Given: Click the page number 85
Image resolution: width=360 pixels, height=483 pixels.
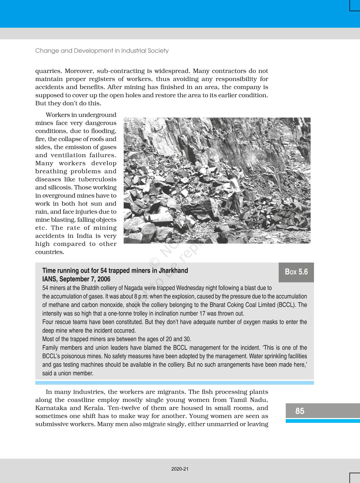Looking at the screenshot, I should coord(300,411).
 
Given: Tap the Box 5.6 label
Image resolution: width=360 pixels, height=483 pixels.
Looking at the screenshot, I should coord(296,272).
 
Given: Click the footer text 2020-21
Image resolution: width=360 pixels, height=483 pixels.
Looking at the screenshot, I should coord(180,469).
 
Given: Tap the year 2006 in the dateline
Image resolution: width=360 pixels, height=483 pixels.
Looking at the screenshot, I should coord(104,279).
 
